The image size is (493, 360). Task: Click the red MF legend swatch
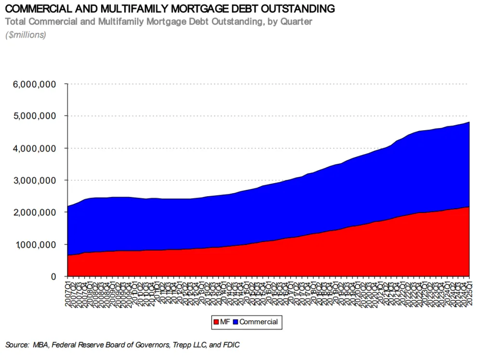216,322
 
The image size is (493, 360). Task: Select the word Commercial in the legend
259,322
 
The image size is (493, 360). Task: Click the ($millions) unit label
26,35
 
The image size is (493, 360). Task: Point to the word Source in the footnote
17,345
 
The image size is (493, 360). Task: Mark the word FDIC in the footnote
231,345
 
